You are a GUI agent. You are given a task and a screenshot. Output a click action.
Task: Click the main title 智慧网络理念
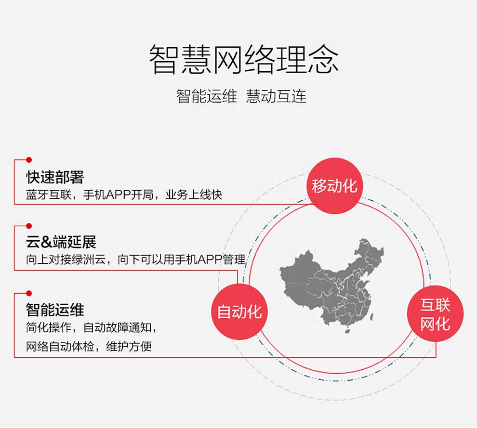243,59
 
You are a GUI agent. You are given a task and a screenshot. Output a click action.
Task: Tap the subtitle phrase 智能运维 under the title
207,96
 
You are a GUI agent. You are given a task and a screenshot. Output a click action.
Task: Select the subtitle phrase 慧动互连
276,96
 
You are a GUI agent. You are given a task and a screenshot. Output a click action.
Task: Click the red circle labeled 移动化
335,186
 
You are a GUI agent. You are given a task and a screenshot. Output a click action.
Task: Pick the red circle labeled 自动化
239,311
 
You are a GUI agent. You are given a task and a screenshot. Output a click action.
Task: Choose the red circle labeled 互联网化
436,314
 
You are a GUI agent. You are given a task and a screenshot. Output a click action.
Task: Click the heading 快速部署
55,177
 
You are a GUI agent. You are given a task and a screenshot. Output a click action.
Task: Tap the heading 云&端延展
61,242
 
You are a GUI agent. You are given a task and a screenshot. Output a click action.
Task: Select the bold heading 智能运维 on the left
55,310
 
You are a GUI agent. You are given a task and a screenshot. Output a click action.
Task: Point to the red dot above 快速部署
29,160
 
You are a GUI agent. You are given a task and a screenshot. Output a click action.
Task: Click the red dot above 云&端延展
29,226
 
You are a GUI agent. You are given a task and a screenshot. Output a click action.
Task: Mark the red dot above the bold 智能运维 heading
29,293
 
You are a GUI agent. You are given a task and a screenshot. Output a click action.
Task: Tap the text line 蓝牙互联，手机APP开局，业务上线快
124,195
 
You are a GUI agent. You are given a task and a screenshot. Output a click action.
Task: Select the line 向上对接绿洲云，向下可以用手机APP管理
136,259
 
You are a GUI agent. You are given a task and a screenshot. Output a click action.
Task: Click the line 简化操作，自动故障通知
91,328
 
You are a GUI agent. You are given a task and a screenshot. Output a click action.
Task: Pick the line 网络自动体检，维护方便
89,347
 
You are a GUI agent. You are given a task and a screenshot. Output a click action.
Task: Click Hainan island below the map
347,330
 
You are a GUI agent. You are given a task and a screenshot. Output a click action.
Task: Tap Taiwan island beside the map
371,317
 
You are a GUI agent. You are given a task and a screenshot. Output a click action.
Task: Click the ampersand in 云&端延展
46,242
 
